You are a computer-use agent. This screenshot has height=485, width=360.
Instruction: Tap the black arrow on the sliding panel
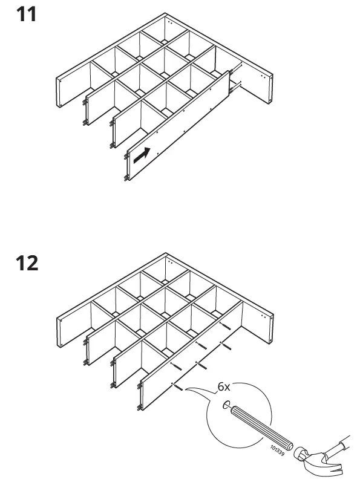point(141,155)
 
